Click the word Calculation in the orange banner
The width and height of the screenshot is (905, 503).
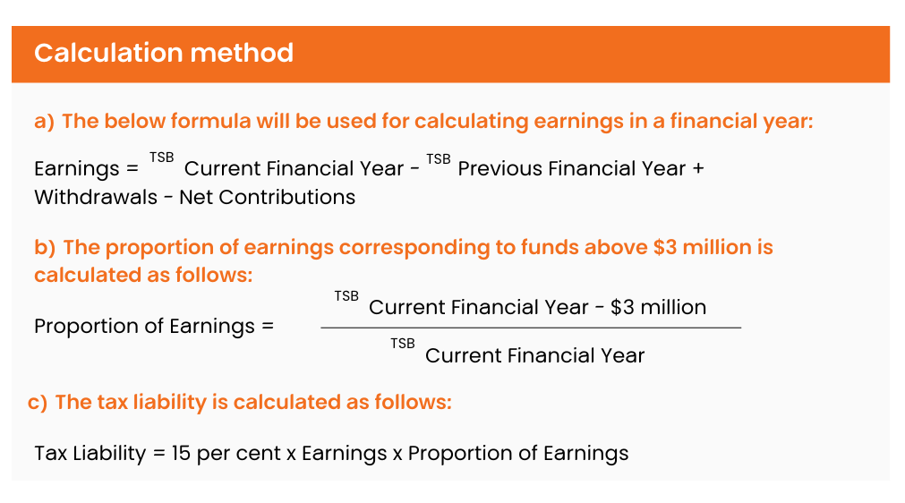coord(108,53)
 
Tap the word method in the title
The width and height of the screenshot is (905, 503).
coord(242,53)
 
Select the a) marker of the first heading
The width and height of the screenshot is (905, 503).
coord(44,121)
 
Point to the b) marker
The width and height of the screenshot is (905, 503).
coord(45,247)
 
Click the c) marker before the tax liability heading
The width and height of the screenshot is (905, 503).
coord(38,402)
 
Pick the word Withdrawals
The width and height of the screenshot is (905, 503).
coord(96,197)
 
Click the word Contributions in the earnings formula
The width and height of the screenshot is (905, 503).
coord(287,197)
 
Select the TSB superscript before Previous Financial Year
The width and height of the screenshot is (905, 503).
coord(439,158)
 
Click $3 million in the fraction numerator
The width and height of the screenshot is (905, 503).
coord(659,307)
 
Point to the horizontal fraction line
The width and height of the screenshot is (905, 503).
coord(531,328)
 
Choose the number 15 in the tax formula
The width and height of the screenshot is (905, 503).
coord(181,454)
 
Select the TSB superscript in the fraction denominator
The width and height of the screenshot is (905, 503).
coord(403,343)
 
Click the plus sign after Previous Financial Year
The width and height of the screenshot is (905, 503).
coord(698,169)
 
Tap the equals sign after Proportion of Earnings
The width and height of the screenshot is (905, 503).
coord(268,326)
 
